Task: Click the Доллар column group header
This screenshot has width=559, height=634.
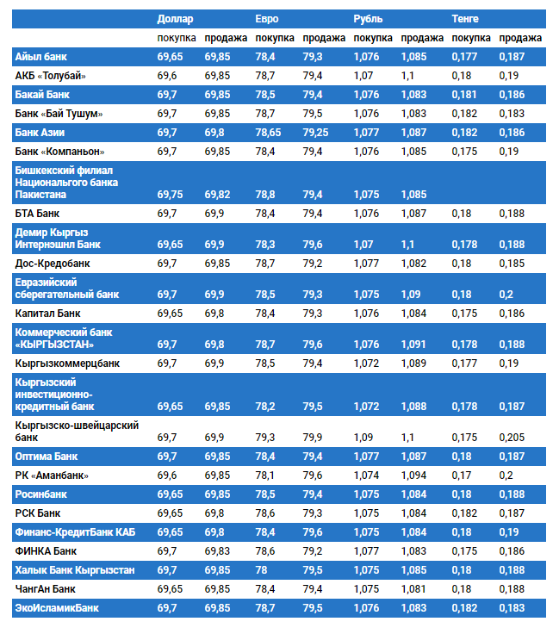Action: tap(175, 18)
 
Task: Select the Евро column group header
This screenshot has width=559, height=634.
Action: tap(267, 18)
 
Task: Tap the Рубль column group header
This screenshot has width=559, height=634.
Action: tap(368, 18)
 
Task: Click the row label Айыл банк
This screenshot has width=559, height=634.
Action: tap(40, 57)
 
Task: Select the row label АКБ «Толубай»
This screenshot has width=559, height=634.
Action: tap(51, 76)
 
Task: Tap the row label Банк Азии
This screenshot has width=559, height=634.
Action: tap(40, 133)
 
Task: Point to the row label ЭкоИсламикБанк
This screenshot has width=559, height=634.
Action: tap(57, 608)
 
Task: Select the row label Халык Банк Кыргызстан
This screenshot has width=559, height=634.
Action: tap(74, 570)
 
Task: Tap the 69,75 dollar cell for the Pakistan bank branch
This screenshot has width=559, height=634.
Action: tap(170, 195)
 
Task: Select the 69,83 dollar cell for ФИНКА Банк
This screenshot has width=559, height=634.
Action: tap(219, 550)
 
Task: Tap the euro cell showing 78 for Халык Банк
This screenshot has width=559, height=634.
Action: tap(262, 570)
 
